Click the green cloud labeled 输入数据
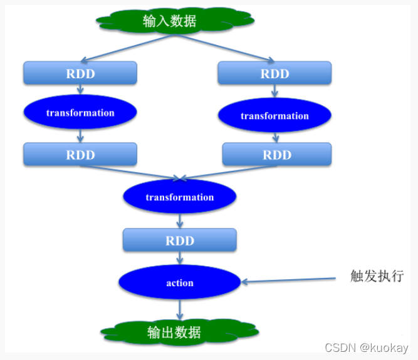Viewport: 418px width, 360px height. click(x=170, y=21)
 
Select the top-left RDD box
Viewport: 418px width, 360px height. click(x=80, y=73)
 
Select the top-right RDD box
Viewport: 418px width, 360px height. click(x=274, y=73)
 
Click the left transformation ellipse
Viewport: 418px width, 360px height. click(x=80, y=113)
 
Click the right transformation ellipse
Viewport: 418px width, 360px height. click(x=274, y=115)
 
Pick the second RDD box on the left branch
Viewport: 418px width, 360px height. click(x=80, y=155)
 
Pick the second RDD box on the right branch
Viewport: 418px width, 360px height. click(x=276, y=155)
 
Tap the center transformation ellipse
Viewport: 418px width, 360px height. click(x=180, y=197)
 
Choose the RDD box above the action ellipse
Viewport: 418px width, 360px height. click(x=180, y=240)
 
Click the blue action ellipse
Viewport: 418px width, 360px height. click(x=180, y=283)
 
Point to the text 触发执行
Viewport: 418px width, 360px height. click(x=376, y=276)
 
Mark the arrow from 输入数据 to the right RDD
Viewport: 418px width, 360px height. click(x=222, y=48)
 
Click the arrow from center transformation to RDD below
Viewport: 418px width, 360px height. click(x=180, y=220)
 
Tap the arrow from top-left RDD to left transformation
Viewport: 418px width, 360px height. click(x=80, y=90)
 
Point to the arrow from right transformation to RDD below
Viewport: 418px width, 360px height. click(x=276, y=136)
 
